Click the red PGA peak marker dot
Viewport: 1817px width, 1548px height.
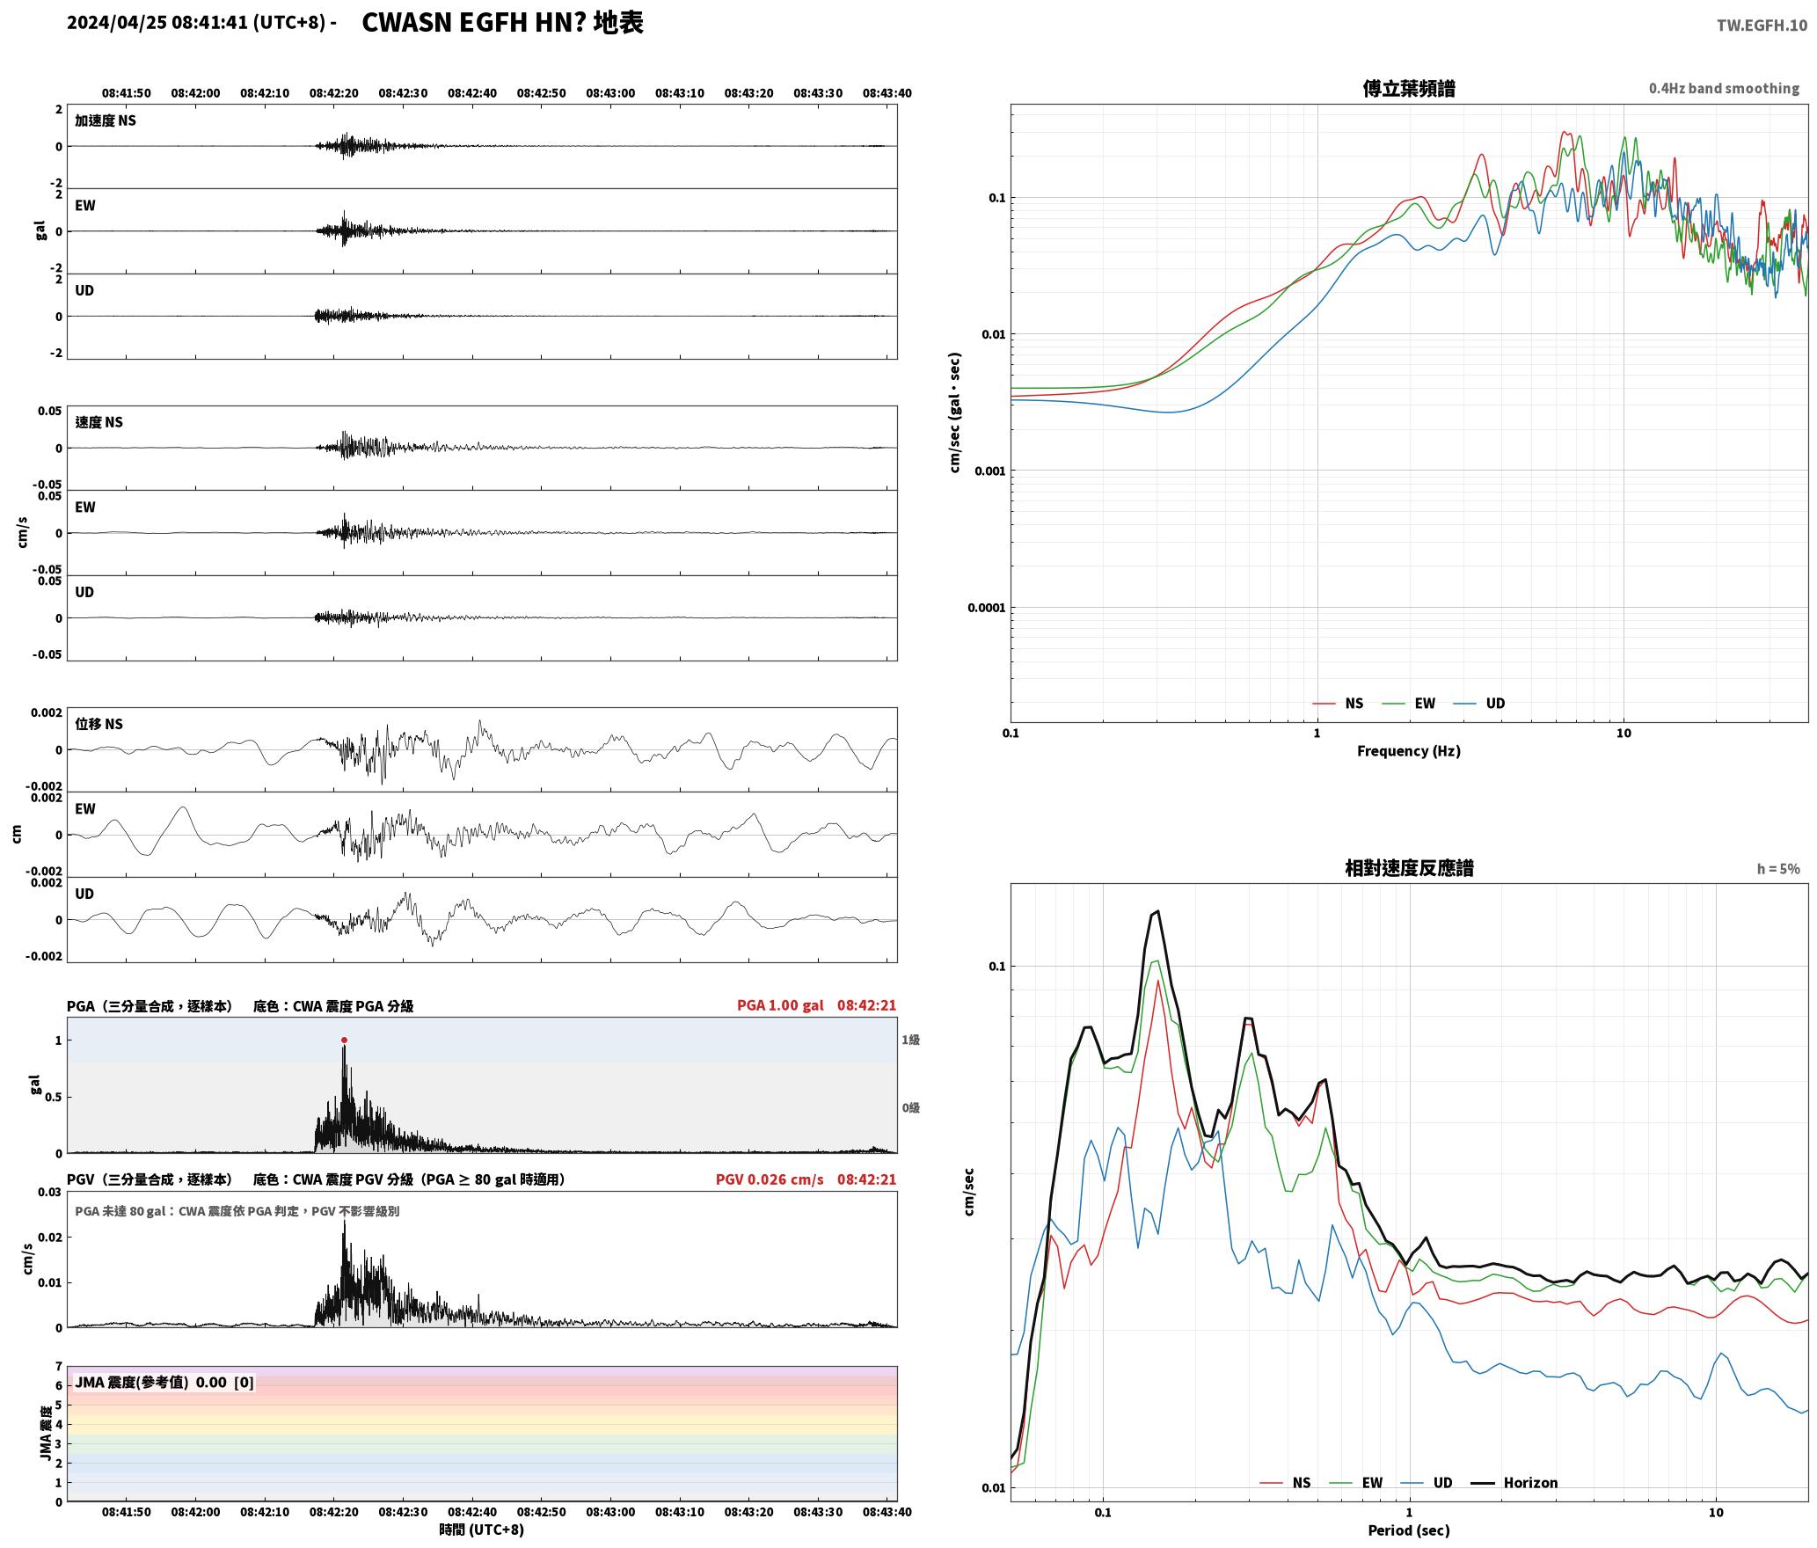pyautogui.click(x=344, y=1040)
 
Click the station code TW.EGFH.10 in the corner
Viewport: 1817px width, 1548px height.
pyautogui.click(x=1762, y=26)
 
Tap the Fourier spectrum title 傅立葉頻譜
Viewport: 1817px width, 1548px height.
pyautogui.click(x=1408, y=88)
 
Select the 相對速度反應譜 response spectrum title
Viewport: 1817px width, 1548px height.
pyautogui.click(x=1409, y=868)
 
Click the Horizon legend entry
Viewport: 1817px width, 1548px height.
pyautogui.click(x=1514, y=1483)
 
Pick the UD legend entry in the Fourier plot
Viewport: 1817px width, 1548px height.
pyautogui.click(x=1479, y=704)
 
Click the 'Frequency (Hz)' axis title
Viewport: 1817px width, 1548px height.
pyautogui.click(x=1408, y=751)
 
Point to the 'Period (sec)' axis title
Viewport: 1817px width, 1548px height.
pyautogui.click(x=1408, y=1530)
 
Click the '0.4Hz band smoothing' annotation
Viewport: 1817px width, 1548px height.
pyautogui.click(x=1724, y=89)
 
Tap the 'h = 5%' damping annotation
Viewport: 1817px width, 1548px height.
pyautogui.click(x=1778, y=869)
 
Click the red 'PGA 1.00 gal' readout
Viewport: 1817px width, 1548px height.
pyautogui.click(x=780, y=1005)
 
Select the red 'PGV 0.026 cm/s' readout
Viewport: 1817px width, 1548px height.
pyautogui.click(x=770, y=1179)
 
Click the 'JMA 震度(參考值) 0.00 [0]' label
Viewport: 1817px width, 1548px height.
pyautogui.click(x=164, y=1383)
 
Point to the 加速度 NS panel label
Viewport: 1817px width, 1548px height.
pyautogui.click(x=106, y=120)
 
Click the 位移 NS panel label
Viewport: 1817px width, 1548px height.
pyautogui.click(x=99, y=724)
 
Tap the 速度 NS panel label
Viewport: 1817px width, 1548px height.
pyautogui.click(x=99, y=422)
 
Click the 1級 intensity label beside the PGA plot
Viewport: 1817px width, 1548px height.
pyautogui.click(x=910, y=1040)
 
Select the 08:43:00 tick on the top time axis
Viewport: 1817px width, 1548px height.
pyautogui.click(x=610, y=93)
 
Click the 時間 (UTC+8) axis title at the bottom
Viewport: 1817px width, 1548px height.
pyautogui.click(x=481, y=1530)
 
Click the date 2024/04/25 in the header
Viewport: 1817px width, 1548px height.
pyautogui.click(x=117, y=23)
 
